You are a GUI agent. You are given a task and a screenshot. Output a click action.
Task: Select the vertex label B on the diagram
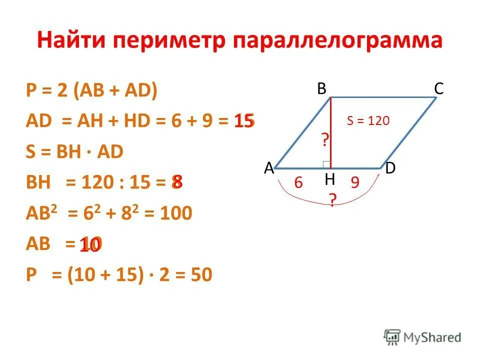click(321, 88)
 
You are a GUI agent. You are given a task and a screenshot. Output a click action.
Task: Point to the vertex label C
click(438, 89)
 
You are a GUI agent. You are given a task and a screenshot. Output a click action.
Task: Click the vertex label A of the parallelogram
click(269, 169)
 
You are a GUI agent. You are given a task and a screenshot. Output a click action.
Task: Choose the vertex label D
click(390, 169)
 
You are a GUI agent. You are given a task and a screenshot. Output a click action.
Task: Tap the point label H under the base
click(330, 179)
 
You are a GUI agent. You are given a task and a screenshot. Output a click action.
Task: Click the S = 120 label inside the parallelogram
click(367, 120)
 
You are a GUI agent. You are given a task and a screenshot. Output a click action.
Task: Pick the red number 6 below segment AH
click(298, 183)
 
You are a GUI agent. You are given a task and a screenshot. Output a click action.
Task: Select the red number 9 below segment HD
click(355, 183)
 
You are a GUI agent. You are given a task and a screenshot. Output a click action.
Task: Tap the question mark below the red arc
click(331, 201)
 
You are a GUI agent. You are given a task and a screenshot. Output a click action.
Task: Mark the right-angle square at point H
click(326, 164)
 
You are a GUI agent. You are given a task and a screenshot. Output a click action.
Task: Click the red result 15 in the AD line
click(244, 121)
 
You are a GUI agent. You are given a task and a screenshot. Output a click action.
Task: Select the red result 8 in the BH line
click(177, 182)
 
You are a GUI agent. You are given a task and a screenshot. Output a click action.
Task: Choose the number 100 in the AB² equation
click(175, 213)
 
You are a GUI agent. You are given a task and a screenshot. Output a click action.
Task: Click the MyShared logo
click(422, 336)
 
